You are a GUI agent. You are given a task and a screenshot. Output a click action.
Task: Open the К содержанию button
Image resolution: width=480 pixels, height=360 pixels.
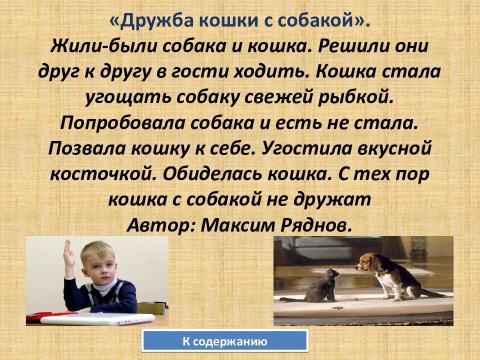(x=224, y=342)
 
